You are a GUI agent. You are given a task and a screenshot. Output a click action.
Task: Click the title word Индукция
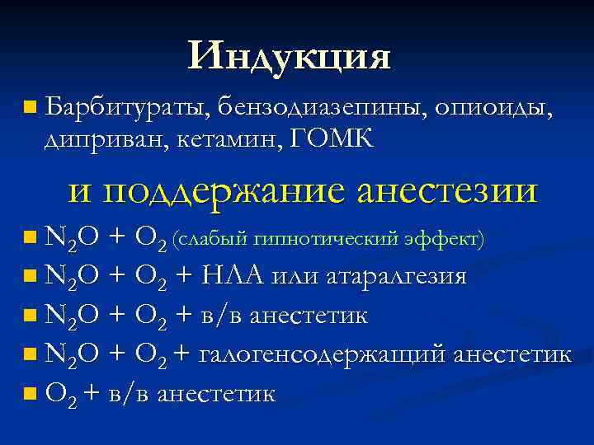(x=288, y=56)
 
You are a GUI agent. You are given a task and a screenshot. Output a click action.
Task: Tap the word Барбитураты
(x=130, y=106)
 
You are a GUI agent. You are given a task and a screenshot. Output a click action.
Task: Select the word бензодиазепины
(x=321, y=106)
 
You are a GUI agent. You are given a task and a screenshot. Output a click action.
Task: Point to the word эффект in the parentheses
(x=444, y=239)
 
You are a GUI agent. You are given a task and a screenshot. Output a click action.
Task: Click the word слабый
(x=215, y=239)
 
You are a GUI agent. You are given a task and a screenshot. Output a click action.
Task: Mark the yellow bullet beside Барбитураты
(x=31, y=106)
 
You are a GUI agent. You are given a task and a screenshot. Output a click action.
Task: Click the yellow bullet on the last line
(x=31, y=395)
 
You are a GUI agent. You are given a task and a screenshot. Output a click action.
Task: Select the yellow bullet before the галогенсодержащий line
(x=31, y=355)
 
